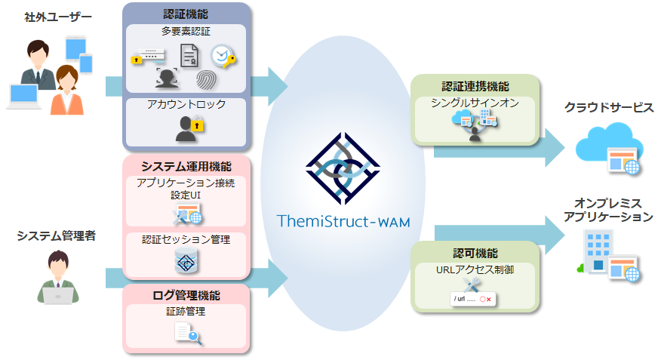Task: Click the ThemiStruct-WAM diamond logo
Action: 343,168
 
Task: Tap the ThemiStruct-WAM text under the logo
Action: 343,221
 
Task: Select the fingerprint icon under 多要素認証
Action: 206,80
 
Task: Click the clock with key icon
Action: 223,57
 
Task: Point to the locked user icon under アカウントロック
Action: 189,128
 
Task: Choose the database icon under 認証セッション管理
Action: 186,260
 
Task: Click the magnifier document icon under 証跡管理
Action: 188,334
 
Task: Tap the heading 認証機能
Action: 186,14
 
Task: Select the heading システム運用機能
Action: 186,167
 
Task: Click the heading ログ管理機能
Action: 186,296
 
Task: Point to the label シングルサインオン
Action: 475,103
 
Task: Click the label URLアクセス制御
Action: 475,269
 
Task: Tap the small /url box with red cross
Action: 472,299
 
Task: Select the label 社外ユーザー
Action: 58,17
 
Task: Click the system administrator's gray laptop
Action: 58,296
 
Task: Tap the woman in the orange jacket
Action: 66,91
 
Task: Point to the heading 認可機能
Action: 475,254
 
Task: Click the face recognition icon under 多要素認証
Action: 167,78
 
